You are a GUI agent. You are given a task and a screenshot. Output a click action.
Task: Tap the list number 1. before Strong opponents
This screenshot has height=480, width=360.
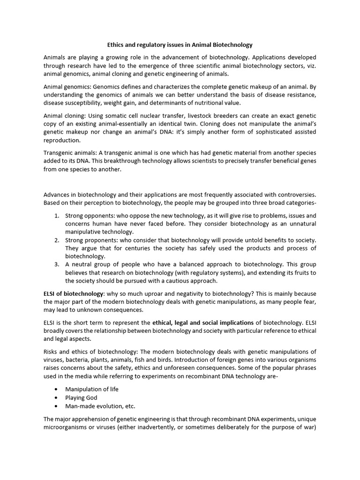tap(56, 216)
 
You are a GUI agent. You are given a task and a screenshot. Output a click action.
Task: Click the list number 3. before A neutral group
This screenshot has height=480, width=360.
tap(56, 264)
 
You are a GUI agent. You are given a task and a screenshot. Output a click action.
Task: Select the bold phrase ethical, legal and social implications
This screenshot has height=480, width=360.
tap(203, 322)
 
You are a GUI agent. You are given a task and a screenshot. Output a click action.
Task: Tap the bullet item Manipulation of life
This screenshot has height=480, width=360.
tap(92, 389)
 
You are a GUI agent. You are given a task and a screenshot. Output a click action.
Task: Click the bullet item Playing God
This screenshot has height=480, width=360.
tap(81, 397)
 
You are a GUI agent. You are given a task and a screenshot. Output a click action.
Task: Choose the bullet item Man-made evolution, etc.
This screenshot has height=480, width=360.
tap(100, 405)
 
